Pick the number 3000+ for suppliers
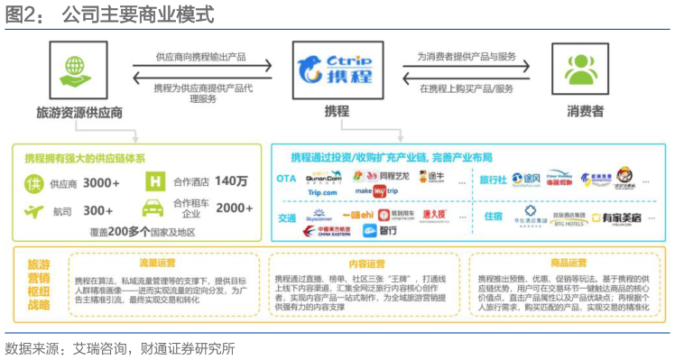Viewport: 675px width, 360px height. click(x=101, y=183)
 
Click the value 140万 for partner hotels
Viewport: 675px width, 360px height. click(x=230, y=181)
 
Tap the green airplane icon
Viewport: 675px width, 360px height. click(x=33, y=211)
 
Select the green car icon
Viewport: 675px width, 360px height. click(x=153, y=208)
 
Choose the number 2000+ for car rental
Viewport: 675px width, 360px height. click(x=234, y=208)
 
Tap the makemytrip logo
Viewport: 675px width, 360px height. click(x=377, y=191)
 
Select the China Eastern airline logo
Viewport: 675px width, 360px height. click(x=323, y=231)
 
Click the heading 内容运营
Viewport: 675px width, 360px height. click(x=364, y=263)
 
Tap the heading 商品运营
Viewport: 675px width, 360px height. click(x=567, y=263)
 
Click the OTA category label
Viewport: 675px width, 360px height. click(x=286, y=178)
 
